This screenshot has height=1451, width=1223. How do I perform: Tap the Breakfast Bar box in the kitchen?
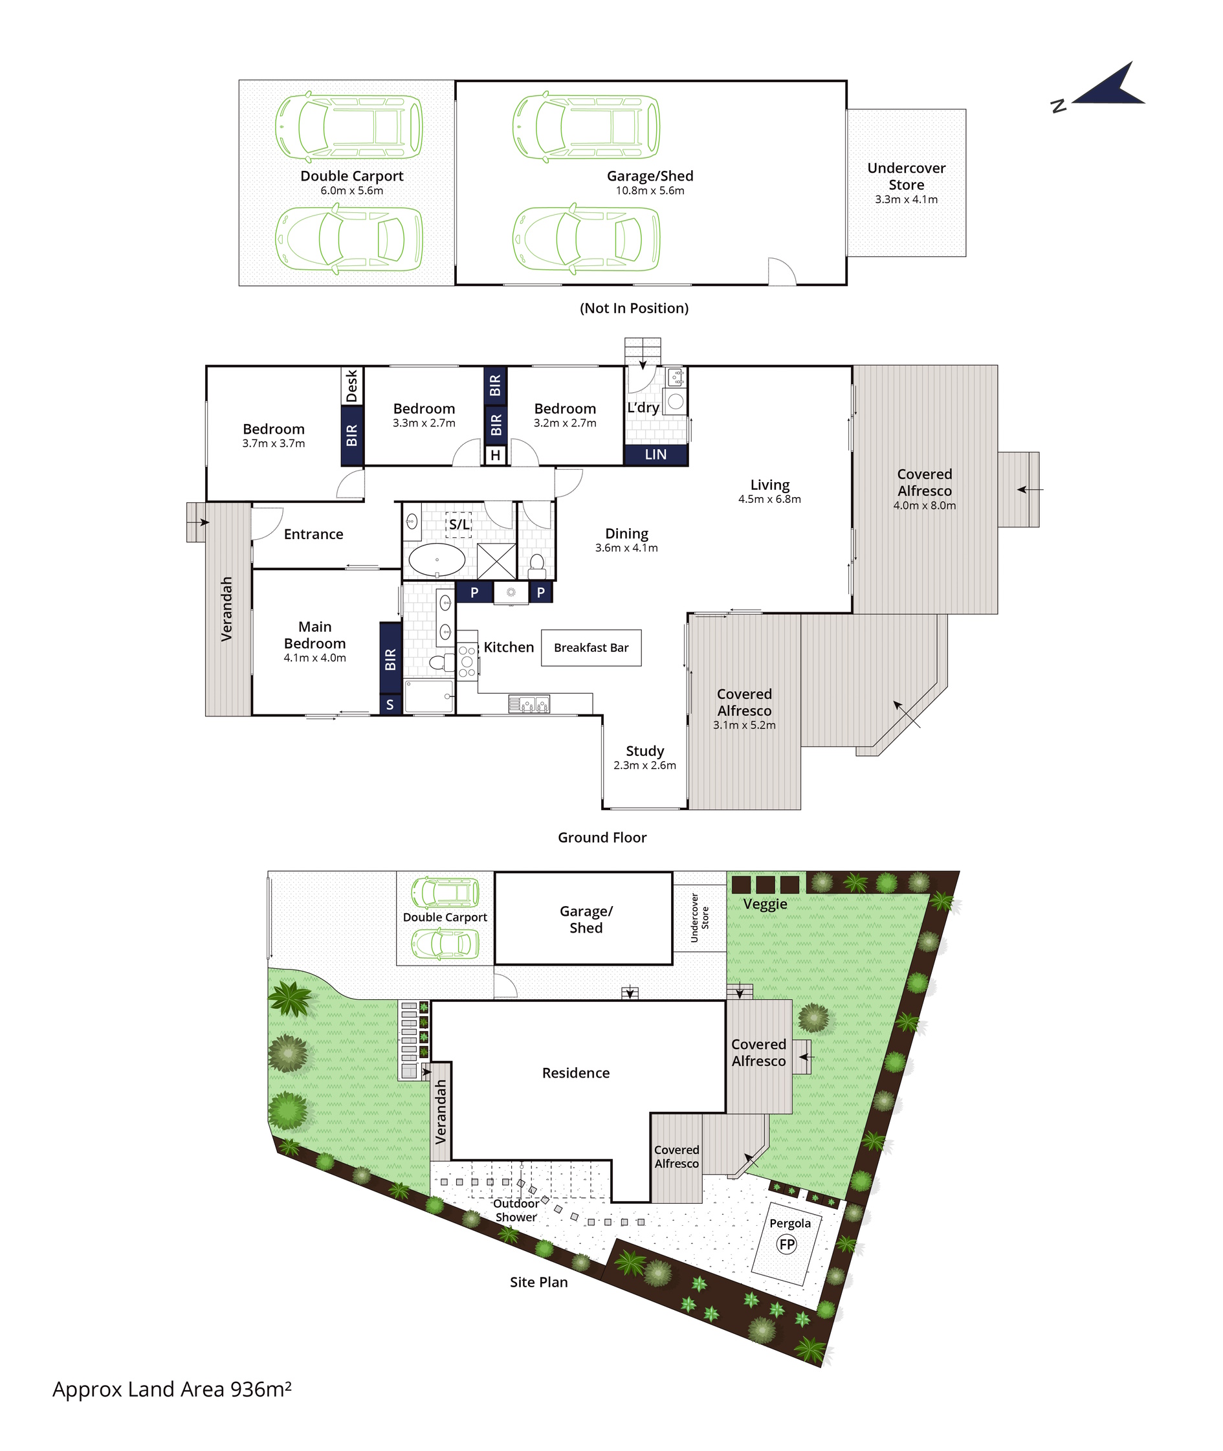591,647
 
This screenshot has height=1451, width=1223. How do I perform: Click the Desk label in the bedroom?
351,386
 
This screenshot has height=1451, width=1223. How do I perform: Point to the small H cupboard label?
495,456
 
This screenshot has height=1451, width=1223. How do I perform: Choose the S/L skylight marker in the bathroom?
458,525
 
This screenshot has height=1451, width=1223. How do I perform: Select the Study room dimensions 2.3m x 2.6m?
645,766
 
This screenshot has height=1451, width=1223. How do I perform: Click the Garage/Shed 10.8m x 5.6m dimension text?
650,191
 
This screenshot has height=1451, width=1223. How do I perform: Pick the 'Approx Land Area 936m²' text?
172,1390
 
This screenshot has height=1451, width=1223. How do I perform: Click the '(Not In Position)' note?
634,309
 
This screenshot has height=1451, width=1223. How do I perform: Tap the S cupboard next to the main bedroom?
390,704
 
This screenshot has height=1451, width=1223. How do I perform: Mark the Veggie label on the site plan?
766,904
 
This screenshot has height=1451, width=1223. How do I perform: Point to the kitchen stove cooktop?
467,661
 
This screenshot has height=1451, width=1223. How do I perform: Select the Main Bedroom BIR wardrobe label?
390,659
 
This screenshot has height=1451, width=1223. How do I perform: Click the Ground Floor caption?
602,837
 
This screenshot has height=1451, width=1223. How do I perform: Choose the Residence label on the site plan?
576,1073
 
